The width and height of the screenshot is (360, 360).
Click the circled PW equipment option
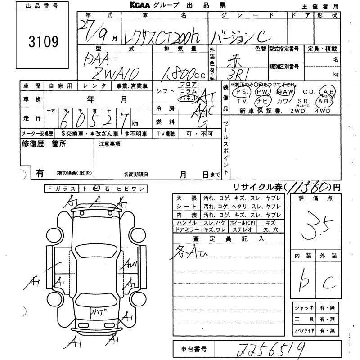pyautogui.click(x=261, y=92)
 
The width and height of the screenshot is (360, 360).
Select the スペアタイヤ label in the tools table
pyautogui.click(x=304, y=330)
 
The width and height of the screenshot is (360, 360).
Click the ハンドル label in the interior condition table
pyautogui.click(x=187, y=223)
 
